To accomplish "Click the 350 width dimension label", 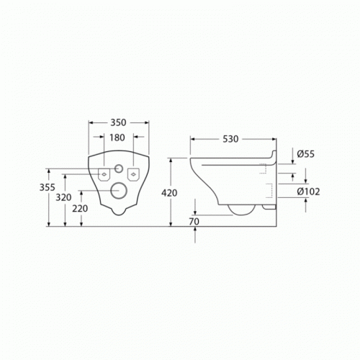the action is pos(118,122).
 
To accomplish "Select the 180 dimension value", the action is pos(117,138).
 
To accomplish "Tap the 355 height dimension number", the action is pos(48,187).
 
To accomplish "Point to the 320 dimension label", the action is pos(63,197).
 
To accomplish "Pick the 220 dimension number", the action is pos(80,209).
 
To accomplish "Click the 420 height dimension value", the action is pos(169,193).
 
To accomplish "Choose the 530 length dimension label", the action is pos(230,139).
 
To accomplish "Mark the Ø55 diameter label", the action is pos(305,154).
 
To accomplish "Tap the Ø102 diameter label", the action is pos(308,192).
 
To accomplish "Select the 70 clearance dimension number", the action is pos(194,222).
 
